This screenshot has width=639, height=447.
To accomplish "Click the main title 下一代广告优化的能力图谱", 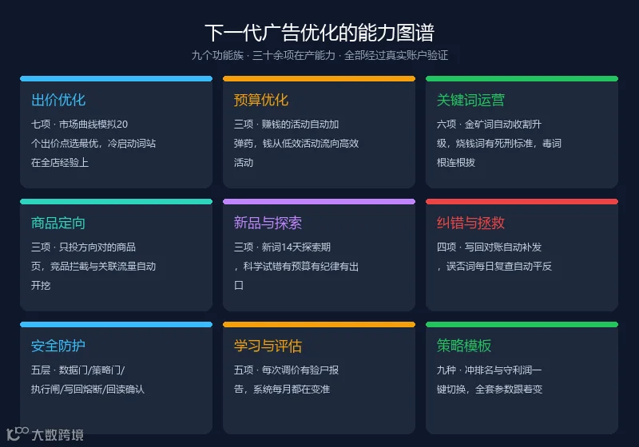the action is [319, 33].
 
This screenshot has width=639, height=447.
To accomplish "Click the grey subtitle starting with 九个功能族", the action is [319, 55].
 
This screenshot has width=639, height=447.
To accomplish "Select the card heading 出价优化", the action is [58, 100].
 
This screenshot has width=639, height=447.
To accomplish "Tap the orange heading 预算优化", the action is [261, 100].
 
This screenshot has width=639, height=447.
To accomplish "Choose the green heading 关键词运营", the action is [470, 100].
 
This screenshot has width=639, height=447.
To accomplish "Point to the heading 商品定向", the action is [58, 223].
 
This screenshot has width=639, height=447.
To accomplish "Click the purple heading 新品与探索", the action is [268, 223].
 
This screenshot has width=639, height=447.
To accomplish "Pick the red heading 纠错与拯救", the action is [470, 223].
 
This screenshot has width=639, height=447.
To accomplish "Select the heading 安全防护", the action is [58, 346].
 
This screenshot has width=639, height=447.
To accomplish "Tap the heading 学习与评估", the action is [268, 346].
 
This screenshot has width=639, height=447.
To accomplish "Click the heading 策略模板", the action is [464, 346].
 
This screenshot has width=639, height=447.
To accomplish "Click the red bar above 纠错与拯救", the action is [522, 201].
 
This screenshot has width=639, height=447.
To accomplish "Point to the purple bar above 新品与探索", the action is [319, 201].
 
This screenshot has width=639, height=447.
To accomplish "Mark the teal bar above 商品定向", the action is [116, 201].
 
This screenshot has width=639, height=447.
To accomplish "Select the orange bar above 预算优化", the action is [319, 78].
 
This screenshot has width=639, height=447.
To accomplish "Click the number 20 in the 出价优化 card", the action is [122, 125].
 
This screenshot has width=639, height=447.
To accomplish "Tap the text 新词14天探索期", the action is [296, 247].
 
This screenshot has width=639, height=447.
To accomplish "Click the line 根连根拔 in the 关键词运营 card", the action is [456, 163].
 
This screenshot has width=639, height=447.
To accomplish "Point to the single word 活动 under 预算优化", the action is [244, 163].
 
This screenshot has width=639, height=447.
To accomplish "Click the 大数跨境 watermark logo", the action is [46, 434].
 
